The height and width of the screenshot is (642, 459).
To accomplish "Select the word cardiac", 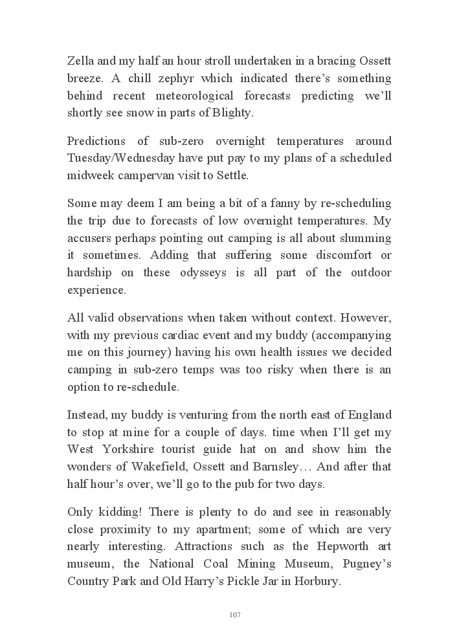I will pyautogui.click(x=203, y=336).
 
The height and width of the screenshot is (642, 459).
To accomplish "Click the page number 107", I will pyautogui.click(x=235, y=615).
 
